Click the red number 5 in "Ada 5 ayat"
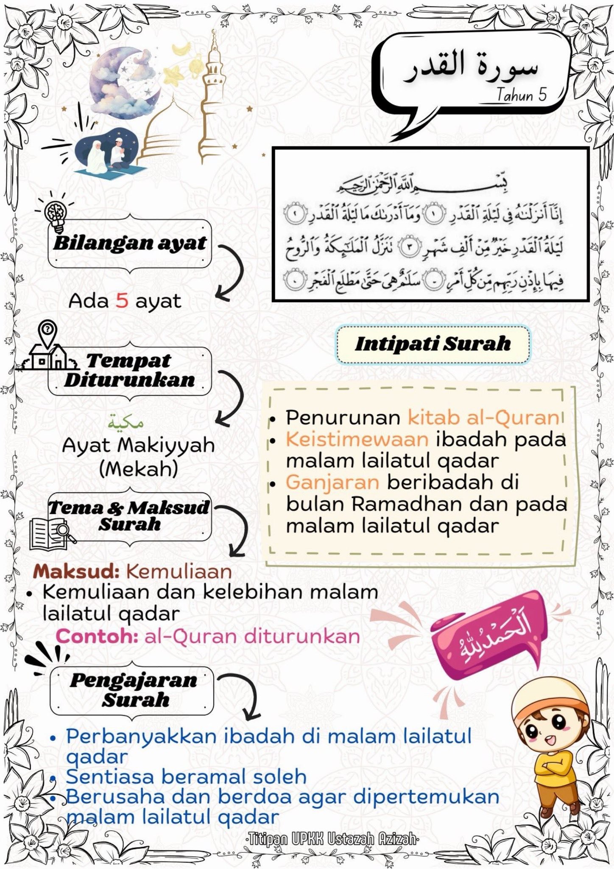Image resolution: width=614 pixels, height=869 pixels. click(122, 301)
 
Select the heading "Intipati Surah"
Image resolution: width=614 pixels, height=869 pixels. click(433, 344)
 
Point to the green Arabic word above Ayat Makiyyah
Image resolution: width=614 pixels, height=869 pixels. click(126, 423)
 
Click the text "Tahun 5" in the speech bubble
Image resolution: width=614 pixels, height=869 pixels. click(521, 95)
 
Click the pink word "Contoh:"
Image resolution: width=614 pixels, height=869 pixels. click(97, 636)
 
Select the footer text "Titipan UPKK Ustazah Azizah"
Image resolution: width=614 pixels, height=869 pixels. click(332, 839)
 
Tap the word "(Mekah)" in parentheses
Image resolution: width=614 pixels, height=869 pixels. click(138, 468)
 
